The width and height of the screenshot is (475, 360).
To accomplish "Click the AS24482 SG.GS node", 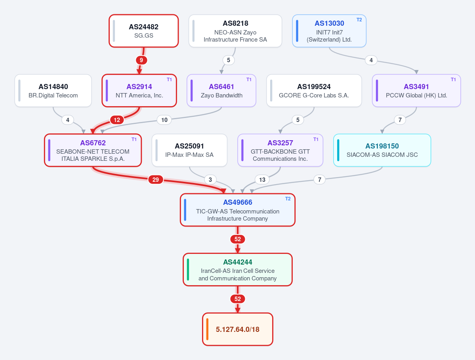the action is pyautogui.click(x=143, y=31).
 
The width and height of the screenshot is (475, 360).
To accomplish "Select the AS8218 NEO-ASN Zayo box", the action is pyautogui.click(x=235, y=31).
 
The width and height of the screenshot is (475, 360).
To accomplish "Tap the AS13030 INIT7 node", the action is pyautogui.click(x=329, y=31).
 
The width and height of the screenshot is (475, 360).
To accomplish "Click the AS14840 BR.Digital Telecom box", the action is pyautogui.click(x=53, y=91).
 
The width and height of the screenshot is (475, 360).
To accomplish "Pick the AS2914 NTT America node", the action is pyautogui.click(x=139, y=91).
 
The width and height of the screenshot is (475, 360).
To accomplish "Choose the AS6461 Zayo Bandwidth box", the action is pyautogui.click(x=221, y=91).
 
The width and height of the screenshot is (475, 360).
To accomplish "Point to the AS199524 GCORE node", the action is pyautogui.click(x=314, y=91).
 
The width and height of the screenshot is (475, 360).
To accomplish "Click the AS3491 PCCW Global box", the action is pyautogui.click(x=416, y=91).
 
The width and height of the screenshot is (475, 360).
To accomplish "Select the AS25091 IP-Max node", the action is pyautogui.click(x=189, y=150).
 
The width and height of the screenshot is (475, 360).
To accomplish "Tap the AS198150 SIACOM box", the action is pyautogui.click(x=382, y=150).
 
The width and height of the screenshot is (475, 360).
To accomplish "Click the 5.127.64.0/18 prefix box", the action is pyautogui.click(x=238, y=329).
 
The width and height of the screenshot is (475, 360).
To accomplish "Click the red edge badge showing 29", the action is pyautogui.click(x=156, y=179).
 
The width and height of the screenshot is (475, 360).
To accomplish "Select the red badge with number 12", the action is pyautogui.click(x=117, y=120).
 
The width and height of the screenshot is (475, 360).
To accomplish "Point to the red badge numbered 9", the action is pyautogui.click(x=141, y=60).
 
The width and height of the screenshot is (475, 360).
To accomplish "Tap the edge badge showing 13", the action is pyautogui.click(x=262, y=179).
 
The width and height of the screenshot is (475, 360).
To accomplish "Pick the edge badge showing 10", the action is pyautogui.click(x=164, y=120).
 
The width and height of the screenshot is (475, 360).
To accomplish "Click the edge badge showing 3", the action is pyautogui.click(x=210, y=179).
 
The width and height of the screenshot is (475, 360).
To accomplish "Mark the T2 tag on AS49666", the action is pyautogui.click(x=288, y=199).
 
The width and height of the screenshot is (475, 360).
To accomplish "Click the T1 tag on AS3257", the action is pyautogui.click(x=316, y=139).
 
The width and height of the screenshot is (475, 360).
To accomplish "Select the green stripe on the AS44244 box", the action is pyautogui.click(x=188, y=269).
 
